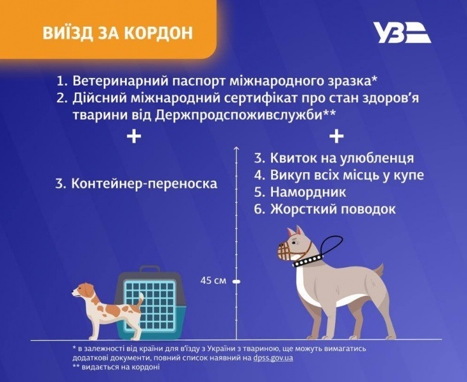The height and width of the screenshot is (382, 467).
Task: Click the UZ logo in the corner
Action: pyautogui.click(x=402, y=32)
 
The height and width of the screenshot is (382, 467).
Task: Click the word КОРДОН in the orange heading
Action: pyautogui.click(x=159, y=33)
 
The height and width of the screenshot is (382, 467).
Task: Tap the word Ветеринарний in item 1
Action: pyautogui.click(x=120, y=81)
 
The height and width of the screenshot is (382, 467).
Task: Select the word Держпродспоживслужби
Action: pyautogui.click(x=238, y=115)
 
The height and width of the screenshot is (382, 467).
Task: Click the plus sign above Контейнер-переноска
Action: pyautogui.click(x=134, y=136)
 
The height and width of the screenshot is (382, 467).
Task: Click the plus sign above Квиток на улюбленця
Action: pyautogui.click(x=336, y=136)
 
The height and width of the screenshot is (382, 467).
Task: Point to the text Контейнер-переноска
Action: pyautogui.click(x=144, y=183)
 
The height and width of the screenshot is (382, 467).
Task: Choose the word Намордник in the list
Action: pyautogui.click(x=308, y=192)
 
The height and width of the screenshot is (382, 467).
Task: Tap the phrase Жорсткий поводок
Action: pyautogui.click(x=333, y=209)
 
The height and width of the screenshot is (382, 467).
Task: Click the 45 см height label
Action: pyautogui.click(x=213, y=280)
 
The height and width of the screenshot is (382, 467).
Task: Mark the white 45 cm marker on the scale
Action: pyautogui.click(x=237, y=281)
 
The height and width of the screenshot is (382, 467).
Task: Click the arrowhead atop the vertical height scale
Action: pyautogui.click(x=237, y=148)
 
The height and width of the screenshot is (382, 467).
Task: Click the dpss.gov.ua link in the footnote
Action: pyautogui.click(x=273, y=358)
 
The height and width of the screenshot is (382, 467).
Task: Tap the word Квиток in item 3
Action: pyautogui.click(x=293, y=158)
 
